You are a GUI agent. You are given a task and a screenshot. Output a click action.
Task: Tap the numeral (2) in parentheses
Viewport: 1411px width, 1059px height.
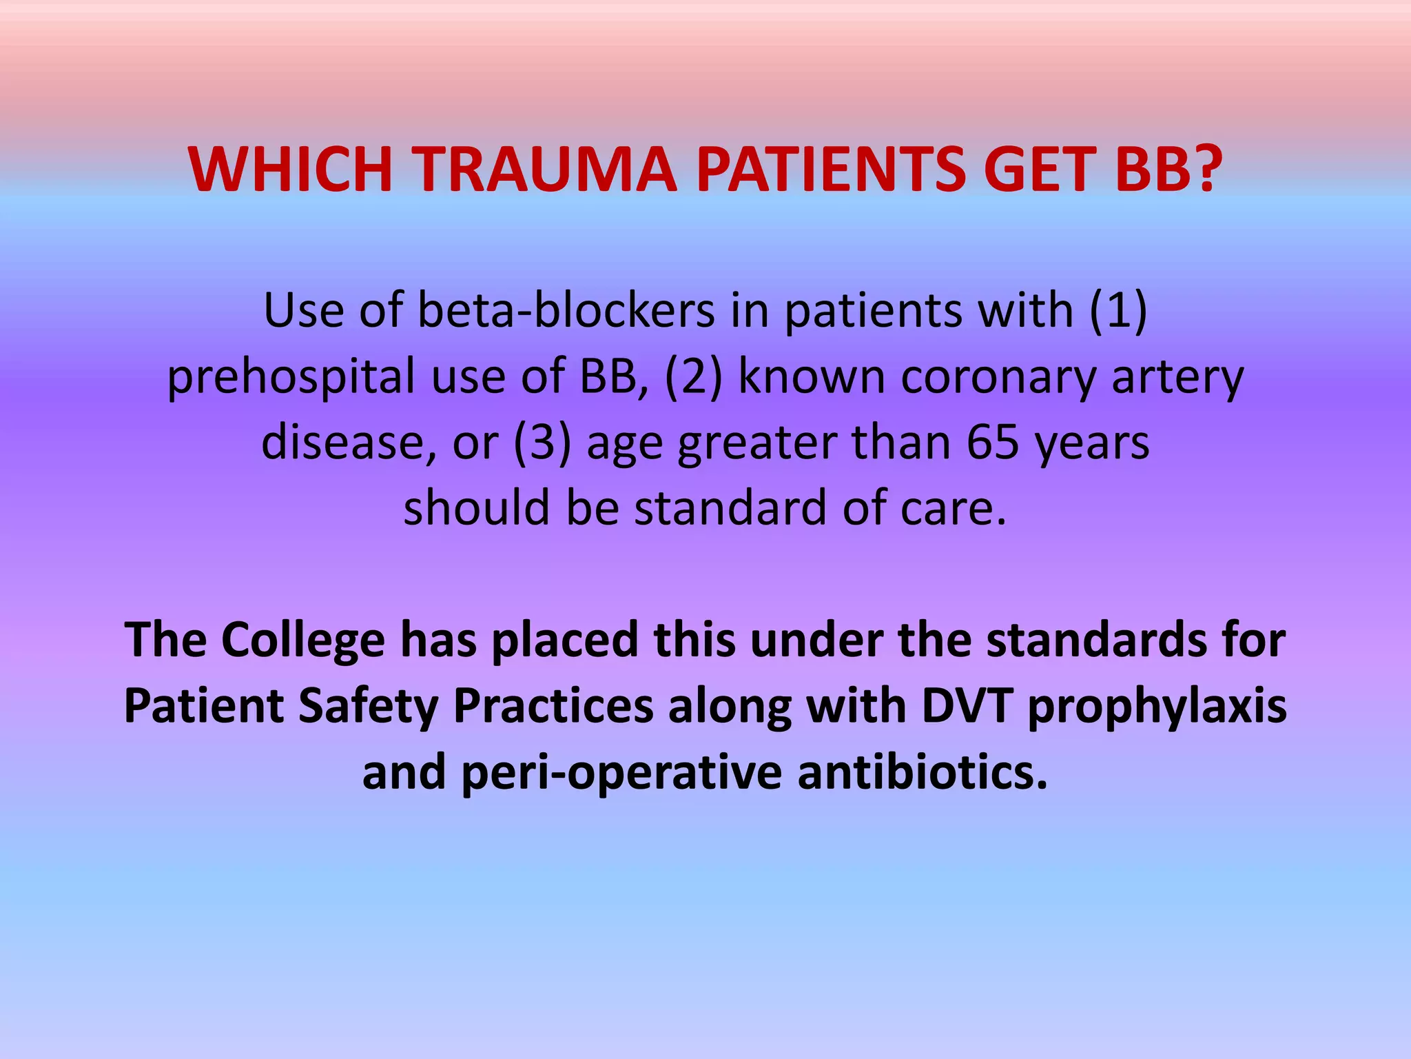pos(694,376)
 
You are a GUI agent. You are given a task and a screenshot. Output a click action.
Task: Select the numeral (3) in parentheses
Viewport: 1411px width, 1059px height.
pos(542,442)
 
